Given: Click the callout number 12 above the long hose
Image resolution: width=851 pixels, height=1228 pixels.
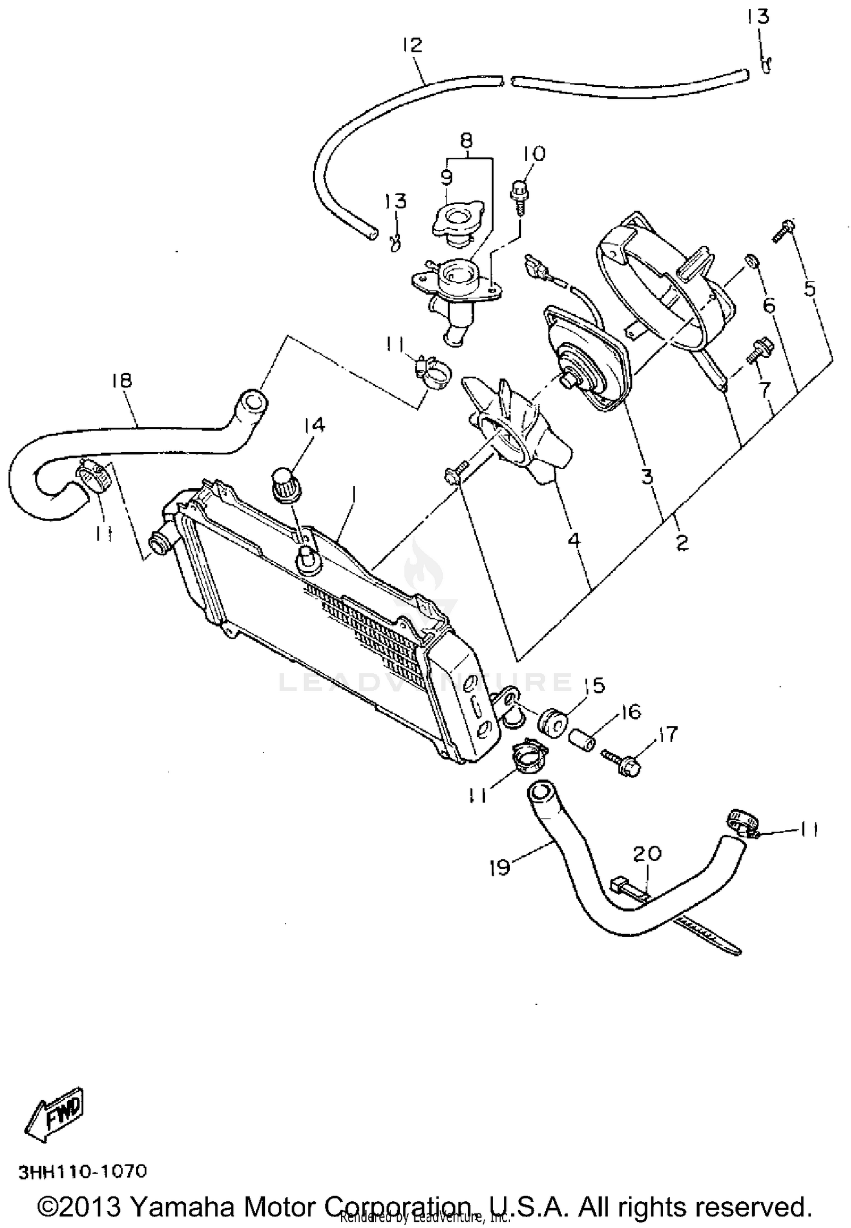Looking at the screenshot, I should (x=413, y=45).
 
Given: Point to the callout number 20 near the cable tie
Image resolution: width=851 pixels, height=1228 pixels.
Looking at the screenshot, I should (x=647, y=853).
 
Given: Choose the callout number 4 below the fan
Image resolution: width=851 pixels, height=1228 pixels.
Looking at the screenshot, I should (x=574, y=539).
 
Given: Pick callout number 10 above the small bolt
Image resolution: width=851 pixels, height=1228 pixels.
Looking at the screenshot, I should (x=533, y=154).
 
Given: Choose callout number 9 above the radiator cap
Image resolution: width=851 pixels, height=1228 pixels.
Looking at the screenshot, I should (x=446, y=178).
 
